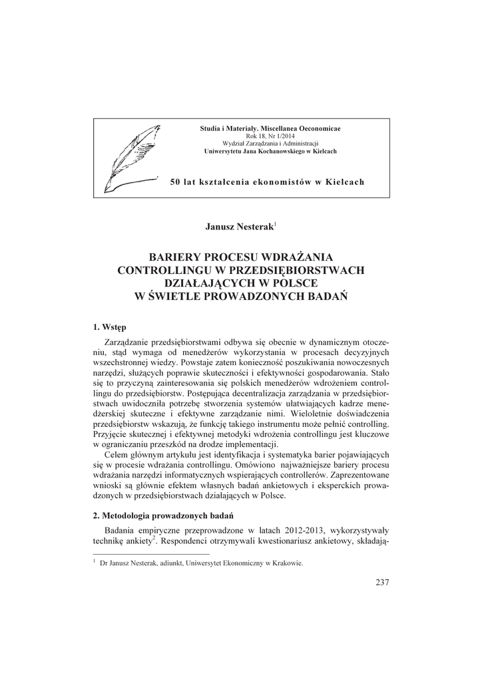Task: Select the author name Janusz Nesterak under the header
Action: click(x=239, y=227)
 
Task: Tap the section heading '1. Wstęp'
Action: click(x=109, y=327)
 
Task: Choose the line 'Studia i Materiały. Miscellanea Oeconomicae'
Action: click(x=270, y=127)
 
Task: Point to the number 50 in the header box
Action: click(x=176, y=182)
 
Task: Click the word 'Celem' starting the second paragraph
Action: click(x=119, y=455)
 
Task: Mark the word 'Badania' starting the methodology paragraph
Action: click(x=120, y=531)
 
